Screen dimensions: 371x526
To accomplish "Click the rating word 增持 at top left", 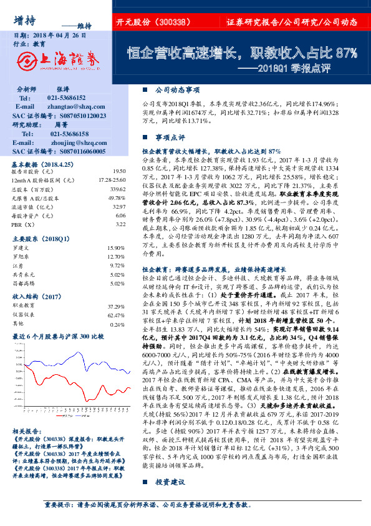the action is point(24,17).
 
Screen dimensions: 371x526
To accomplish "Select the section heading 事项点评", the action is point(170,136).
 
